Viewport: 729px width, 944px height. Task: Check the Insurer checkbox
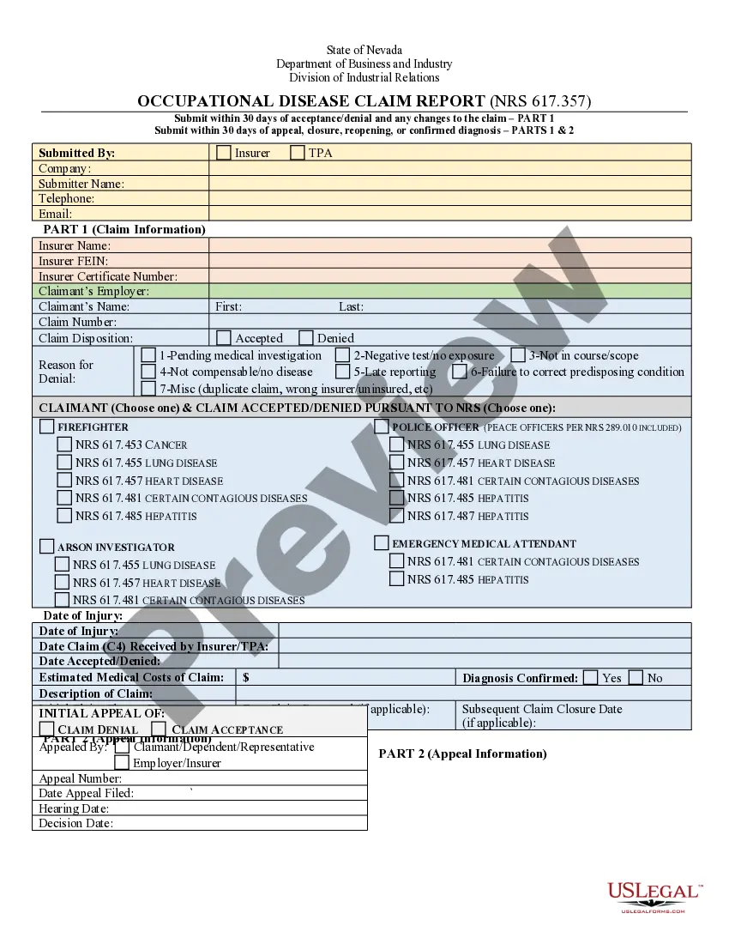pos(224,153)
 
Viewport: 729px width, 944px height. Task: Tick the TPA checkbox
pos(298,153)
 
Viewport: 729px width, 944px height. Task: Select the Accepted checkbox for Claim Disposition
pos(224,338)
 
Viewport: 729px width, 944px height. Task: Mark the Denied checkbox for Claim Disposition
pos(306,338)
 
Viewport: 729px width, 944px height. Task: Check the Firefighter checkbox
pos(47,427)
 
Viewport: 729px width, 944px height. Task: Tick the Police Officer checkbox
pos(382,427)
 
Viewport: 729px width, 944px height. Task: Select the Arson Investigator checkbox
pos(47,547)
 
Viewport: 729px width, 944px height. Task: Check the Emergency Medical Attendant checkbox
pos(382,543)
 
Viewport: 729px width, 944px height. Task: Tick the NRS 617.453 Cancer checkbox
pos(64,445)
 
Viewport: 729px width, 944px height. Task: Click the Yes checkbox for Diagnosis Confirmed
pos(590,677)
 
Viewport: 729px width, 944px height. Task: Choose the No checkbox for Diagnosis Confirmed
pos(636,677)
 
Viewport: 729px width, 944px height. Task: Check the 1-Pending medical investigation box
pos(148,355)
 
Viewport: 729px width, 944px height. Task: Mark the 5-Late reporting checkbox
pos(342,372)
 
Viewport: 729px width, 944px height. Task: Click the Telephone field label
pos(66,198)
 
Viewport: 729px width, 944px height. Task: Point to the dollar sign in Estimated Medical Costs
pos(246,677)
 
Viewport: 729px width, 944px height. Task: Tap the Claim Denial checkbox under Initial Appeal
pos(47,729)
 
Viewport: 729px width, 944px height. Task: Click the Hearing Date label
pos(74,808)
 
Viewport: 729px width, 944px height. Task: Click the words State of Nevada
pos(364,50)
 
